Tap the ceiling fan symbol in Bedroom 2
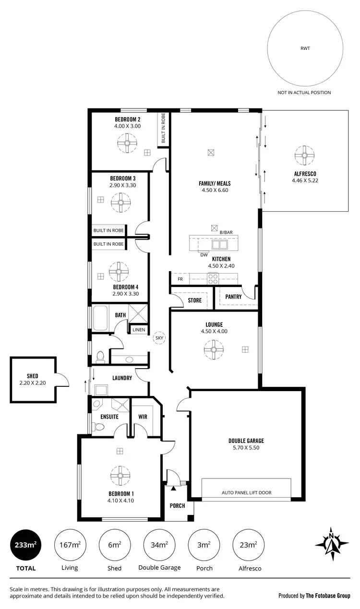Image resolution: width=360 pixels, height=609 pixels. (127, 142)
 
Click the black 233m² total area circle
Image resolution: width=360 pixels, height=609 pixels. (26, 545)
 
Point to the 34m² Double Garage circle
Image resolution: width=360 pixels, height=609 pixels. (159, 545)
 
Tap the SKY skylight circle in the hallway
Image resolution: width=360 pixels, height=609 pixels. (159, 338)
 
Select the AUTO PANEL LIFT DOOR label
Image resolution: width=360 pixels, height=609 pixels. (246, 492)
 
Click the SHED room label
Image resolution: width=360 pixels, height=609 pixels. (33, 376)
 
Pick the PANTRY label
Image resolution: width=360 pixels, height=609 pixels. (233, 297)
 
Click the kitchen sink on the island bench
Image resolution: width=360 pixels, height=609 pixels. (220, 245)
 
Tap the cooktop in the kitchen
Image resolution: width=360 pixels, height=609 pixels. (213, 277)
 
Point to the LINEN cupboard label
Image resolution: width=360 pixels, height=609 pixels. (139, 330)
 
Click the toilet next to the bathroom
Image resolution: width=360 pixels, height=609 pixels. (100, 357)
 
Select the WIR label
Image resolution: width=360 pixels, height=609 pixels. (143, 417)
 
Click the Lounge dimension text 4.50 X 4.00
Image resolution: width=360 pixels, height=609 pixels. (214, 331)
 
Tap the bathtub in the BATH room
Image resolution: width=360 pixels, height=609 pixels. (101, 318)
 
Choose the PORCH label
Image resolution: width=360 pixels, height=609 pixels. (178, 506)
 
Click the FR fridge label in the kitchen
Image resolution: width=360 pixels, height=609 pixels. (180, 279)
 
